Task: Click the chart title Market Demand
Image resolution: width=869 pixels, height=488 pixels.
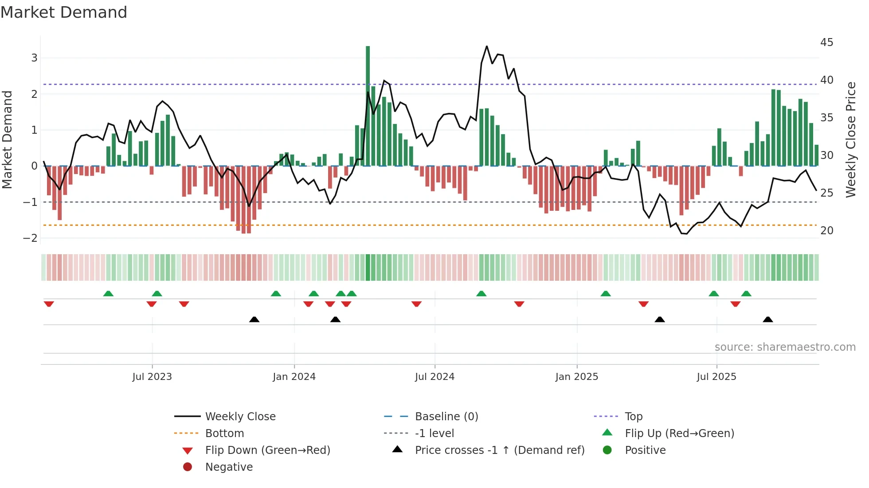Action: [x=64, y=12]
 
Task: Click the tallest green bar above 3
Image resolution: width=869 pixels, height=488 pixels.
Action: [x=368, y=106]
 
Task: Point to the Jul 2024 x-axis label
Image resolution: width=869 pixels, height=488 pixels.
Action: [x=434, y=377]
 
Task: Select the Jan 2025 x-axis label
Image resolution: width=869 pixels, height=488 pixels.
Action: [x=576, y=377]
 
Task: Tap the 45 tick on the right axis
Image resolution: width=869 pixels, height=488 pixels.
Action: [x=826, y=43]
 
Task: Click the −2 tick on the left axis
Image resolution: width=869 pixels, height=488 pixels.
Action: [x=30, y=238]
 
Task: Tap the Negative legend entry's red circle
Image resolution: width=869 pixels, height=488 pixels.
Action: [x=188, y=467]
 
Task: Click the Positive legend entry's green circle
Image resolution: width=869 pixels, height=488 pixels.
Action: [x=607, y=450]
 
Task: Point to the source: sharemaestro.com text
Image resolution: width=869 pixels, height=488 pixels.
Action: [x=785, y=347]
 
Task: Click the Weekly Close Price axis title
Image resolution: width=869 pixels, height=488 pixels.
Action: [x=850, y=139]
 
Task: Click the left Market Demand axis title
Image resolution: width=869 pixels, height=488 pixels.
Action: [x=7, y=139]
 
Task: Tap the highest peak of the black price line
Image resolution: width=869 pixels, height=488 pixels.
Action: [x=487, y=46]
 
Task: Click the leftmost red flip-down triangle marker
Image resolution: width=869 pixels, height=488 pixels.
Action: [x=49, y=304]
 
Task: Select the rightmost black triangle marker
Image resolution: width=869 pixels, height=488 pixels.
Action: [x=768, y=319]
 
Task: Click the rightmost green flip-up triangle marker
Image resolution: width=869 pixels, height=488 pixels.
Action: [x=746, y=294]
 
